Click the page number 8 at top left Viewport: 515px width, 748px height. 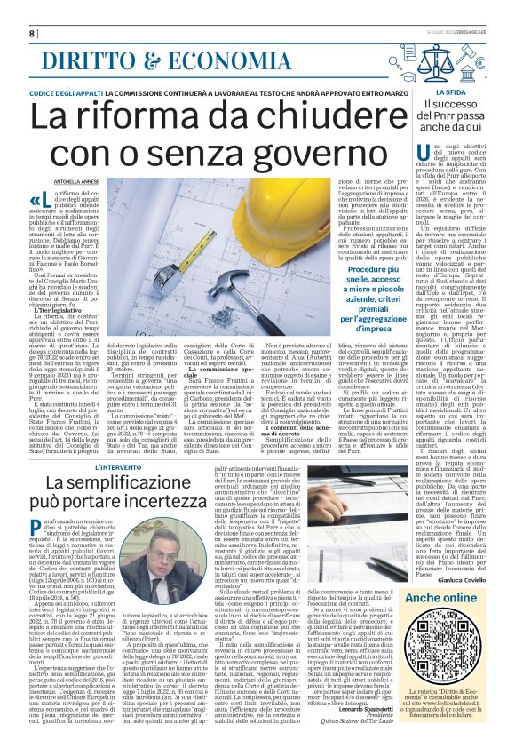33,33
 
